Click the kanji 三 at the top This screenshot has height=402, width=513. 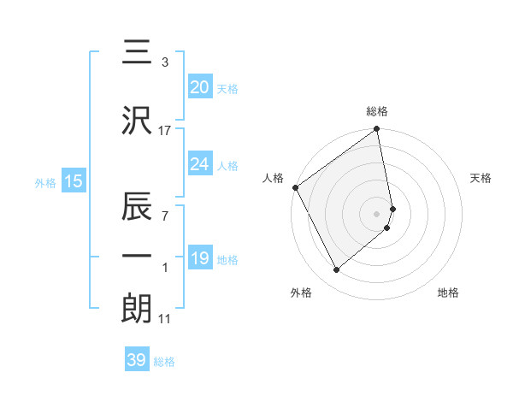[138, 53]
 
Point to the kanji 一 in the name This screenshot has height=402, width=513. [138, 257]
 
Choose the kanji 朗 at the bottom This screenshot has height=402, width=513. [138, 309]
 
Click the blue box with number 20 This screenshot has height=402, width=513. [199, 86]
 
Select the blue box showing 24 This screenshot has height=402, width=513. [199, 164]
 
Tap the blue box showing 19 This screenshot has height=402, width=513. [199, 258]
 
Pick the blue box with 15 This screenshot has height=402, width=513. [73, 180]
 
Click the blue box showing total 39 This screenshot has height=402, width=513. [137, 360]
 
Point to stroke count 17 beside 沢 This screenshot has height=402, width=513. [165, 130]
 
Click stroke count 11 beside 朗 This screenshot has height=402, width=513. [165, 319]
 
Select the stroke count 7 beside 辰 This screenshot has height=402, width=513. [165, 216]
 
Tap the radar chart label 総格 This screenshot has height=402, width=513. [377, 111]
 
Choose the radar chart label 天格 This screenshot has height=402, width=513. [481, 178]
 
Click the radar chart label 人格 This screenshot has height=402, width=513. [273, 178]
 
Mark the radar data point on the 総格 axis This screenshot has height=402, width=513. [377, 130]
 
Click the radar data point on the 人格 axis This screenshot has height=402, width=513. [295, 187]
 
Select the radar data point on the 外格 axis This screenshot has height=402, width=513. [337, 269]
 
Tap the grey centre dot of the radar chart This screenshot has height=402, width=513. [377, 213]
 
